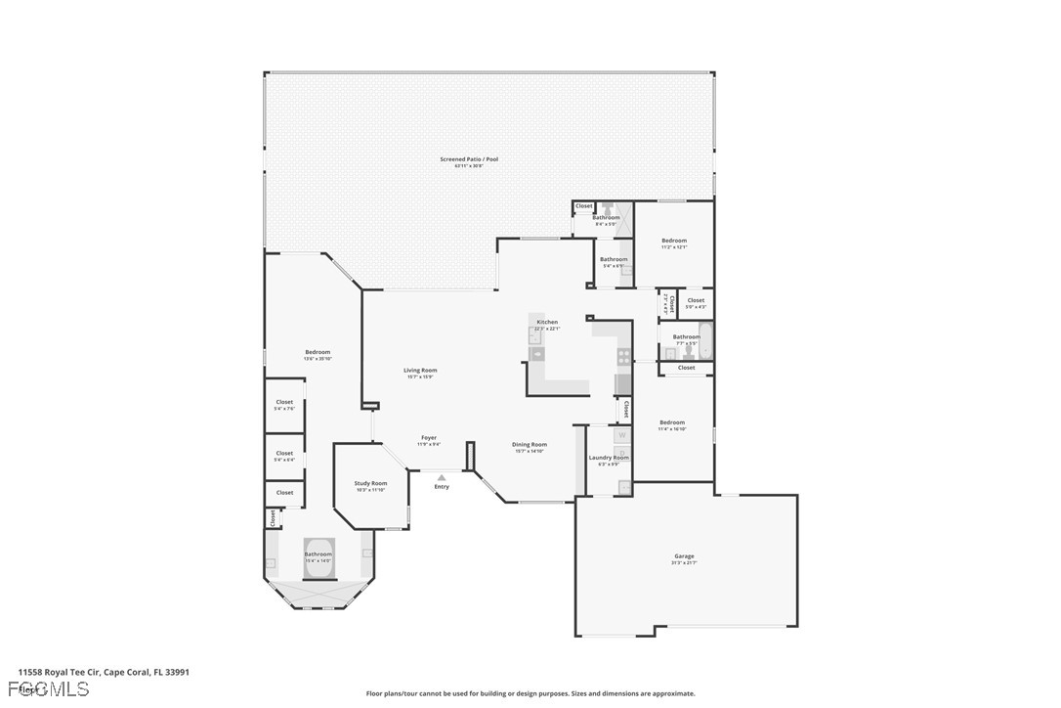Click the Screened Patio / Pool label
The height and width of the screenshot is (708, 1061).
(x=469, y=159)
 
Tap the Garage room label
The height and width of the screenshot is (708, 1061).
(x=683, y=556)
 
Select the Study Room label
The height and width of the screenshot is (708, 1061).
(x=370, y=483)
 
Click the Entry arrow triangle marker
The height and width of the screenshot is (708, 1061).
(x=442, y=477)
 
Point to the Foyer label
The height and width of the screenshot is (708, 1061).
(x=429, y=438)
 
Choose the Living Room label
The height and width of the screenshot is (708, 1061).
(x=420, y=371)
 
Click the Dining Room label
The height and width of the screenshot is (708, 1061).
(x=530, y=445)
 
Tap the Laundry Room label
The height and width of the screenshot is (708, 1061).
(x=609, y=458)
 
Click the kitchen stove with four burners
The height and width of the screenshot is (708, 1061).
(x=623, y=357)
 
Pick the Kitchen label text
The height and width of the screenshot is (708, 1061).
(x=547, y=322)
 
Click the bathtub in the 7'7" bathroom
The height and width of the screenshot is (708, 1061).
(x=706, y=342)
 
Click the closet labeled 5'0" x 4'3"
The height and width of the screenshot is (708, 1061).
(x=696, y=301)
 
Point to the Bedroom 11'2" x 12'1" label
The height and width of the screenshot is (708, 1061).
(x=674, y=241)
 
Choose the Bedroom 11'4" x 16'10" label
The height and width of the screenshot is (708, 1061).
(x=671, y=422)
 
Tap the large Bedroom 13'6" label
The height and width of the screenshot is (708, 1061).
(x=318, y=352)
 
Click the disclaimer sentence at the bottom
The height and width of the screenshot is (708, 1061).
(x=530, y=693)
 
